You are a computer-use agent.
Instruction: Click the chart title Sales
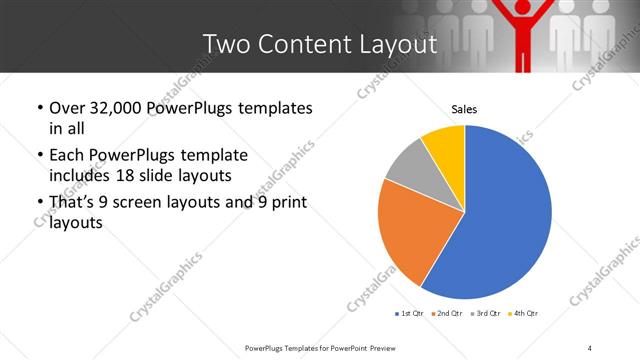click(x=464, y=108)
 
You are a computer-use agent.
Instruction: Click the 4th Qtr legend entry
click(x=525, y=314)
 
